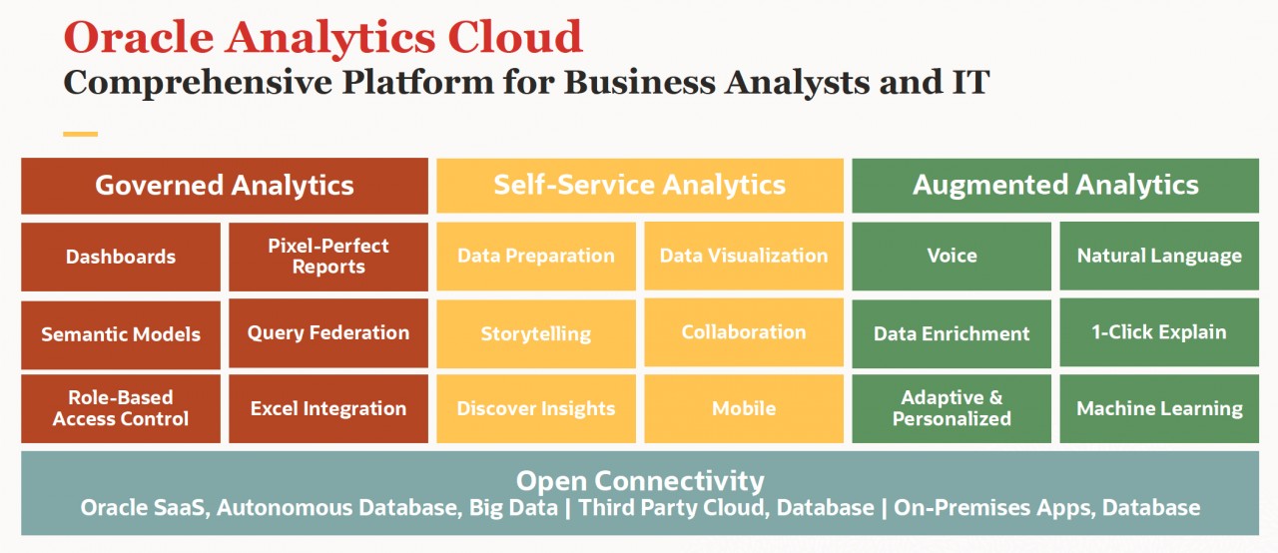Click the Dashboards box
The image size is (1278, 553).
point(121,257)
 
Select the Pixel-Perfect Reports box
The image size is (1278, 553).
point(328,257)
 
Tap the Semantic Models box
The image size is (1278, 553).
point(121,334)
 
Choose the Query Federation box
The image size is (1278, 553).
point(328,333)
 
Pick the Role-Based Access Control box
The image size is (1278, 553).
point(121,408)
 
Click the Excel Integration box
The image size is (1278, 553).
point(328,408)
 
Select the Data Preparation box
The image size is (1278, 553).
point(536,256)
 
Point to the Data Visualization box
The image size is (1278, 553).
point(744,256)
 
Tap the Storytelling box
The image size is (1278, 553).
point(536,333)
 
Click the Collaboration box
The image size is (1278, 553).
point(744,332)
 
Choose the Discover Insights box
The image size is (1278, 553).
point(536,408)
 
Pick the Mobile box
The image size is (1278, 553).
point(744,408)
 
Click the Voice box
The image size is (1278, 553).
point(952,256)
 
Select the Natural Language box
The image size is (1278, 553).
point(1159,256)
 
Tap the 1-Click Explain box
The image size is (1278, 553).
point(1159,332)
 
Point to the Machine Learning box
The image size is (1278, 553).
point(1159,408)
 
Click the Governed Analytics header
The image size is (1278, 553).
point(225,186)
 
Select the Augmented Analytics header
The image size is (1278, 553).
point(1055,186)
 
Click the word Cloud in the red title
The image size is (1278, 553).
point(514,37)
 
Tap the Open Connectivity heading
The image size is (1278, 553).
point(640,480)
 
